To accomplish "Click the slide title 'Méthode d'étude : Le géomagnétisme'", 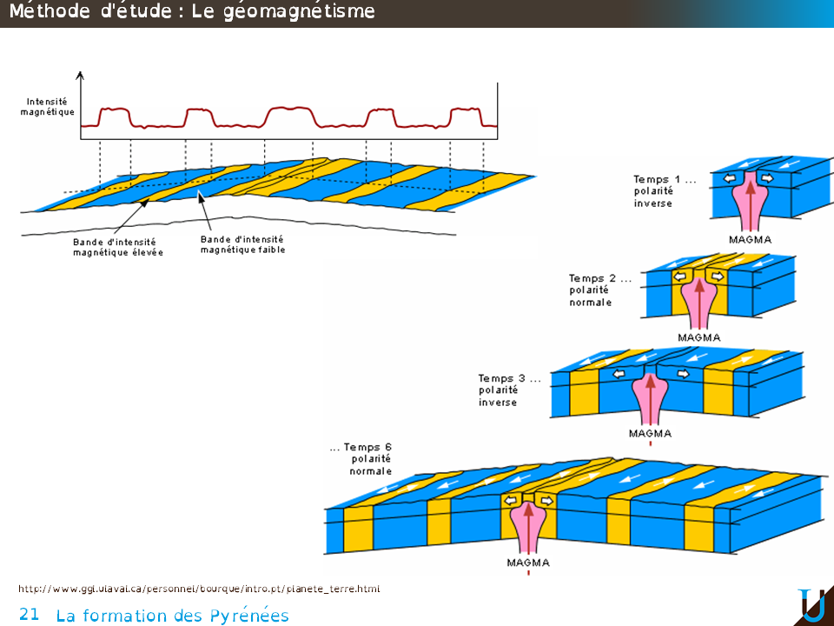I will click(192, 12).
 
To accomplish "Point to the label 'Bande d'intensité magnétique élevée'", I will click(118, 247).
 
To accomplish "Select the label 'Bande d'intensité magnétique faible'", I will click(242, 244).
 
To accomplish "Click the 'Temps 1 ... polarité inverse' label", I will click(665, 191).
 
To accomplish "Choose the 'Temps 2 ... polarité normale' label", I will click(600, 290).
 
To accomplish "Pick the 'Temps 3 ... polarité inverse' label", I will click(509, 390).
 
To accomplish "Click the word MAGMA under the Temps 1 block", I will click(751, 239).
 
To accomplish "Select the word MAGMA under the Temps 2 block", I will click(698, 337).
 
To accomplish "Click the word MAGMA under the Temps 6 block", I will click(528, 563).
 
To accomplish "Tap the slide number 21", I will click(29, 615).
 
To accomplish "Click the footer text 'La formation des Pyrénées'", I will click(172, 616).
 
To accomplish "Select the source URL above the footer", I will click(199, 589).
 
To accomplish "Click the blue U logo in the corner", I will click(812, 605).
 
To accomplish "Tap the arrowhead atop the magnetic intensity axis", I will click(81, 75).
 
